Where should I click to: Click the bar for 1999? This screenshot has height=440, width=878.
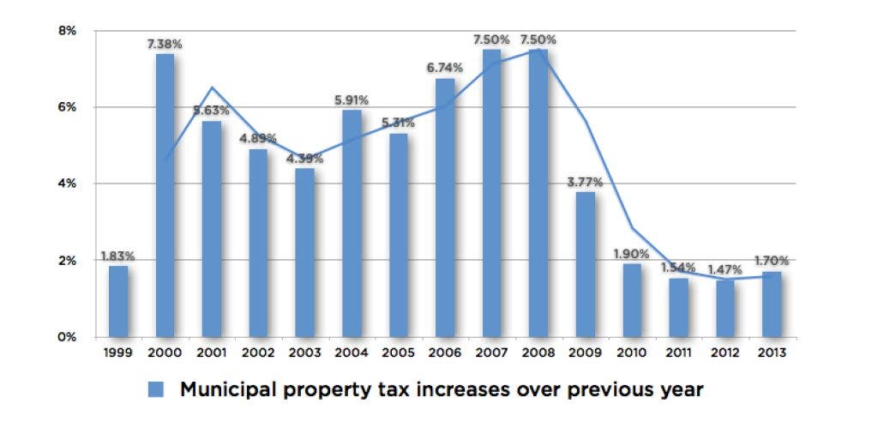pos(118,301)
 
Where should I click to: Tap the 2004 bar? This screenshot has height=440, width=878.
pos(352,224)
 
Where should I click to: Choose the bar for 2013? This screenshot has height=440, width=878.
pos(773,304)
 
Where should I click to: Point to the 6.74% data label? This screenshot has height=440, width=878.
pos(445,67)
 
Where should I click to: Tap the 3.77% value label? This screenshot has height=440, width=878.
pos(586,181)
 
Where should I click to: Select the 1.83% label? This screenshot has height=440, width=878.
pos(118,256)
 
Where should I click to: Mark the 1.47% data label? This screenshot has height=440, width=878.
pos(725,270)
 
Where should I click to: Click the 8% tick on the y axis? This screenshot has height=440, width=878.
pos(67,31)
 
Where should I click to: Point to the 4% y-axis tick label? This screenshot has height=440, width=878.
pos(67,184)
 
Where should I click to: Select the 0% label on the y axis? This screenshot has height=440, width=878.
pos(67,337)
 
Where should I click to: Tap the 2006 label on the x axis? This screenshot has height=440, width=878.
pos(445,353)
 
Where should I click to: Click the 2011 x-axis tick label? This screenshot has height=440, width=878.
pos(679,353)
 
